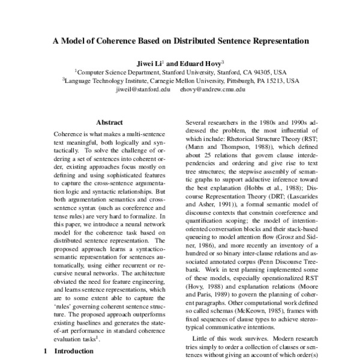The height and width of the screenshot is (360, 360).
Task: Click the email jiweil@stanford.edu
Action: click(139, 89)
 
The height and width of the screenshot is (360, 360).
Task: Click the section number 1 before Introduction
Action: click(45, 352)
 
